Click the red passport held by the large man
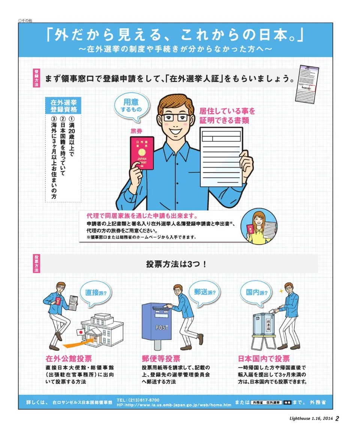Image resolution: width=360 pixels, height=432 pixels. click(x=142, y=153)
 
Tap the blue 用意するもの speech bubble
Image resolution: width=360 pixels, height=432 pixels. click(x=132, y=107)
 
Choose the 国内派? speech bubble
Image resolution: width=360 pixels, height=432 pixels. click(x=256, y=292)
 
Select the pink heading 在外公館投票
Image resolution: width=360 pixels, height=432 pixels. click(x=69, y=358)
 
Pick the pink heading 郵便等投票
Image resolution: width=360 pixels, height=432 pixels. click(x=161, y=358)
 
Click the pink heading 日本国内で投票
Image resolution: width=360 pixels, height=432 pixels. click(x=264, y=358)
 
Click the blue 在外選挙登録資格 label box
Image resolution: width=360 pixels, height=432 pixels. click(x=63, y=106)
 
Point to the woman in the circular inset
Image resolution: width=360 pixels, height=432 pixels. click(x=259, y=227)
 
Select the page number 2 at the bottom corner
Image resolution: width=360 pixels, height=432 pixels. click(x=337, y=418)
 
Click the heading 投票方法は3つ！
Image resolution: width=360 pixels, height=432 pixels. click(x=176, y=264)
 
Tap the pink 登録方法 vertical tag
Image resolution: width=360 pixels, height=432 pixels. click(x=36, y=78)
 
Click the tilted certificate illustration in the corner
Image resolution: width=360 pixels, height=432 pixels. click(x=307, y=84)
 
